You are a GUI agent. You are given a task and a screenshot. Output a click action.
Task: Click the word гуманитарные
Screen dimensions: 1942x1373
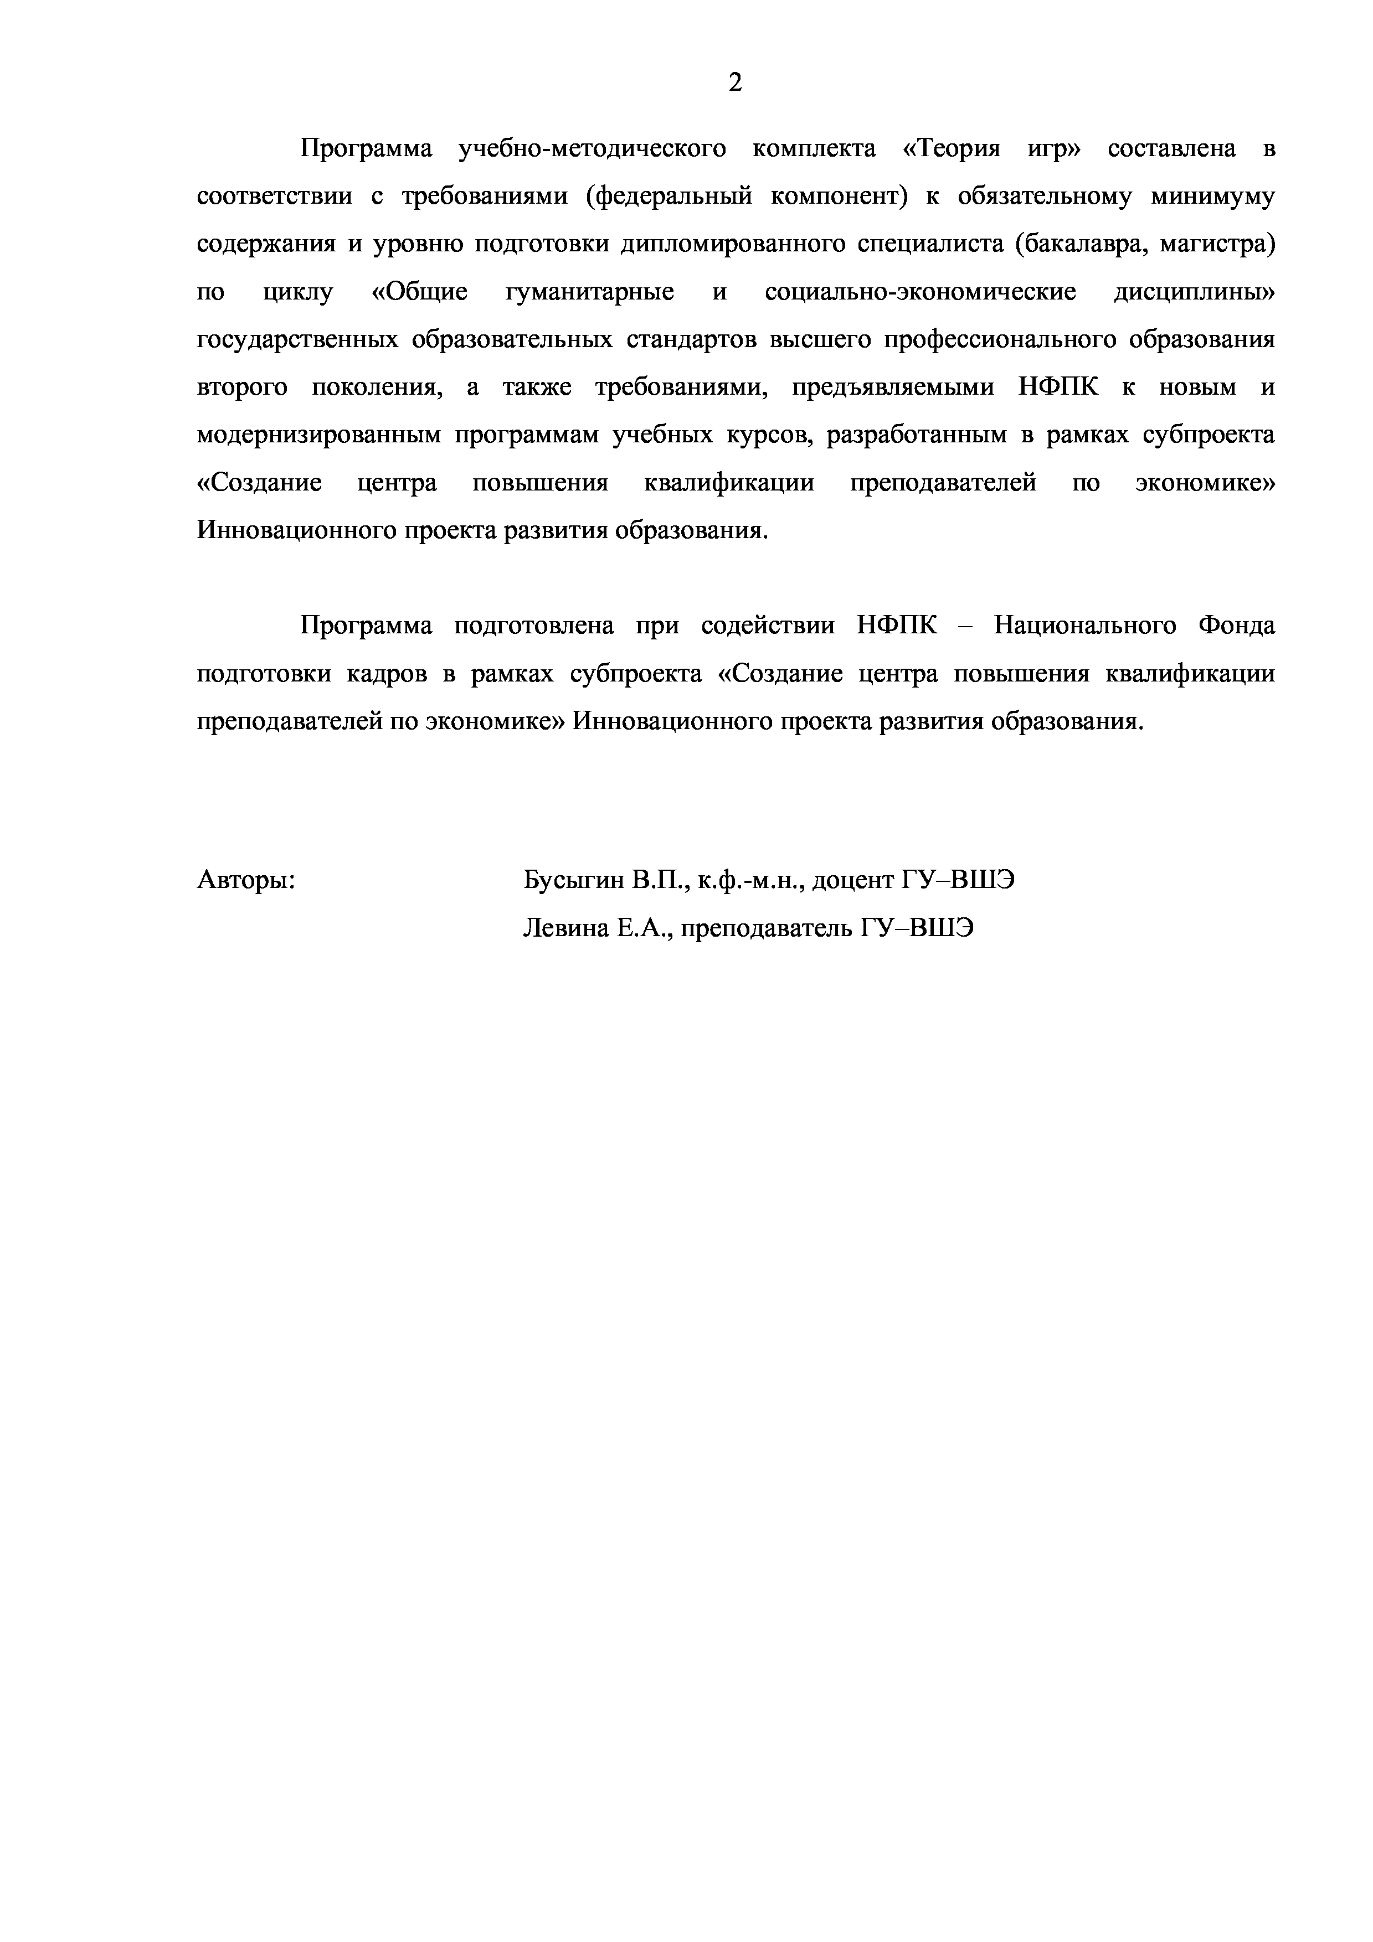click(590, 293)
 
